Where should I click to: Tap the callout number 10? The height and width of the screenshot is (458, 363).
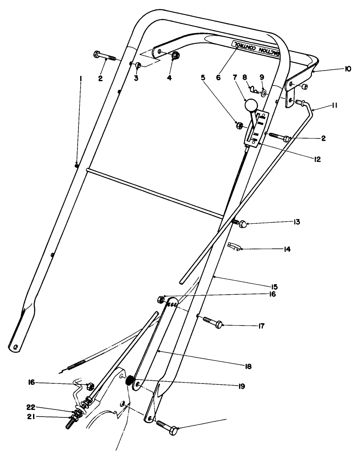(348, 69)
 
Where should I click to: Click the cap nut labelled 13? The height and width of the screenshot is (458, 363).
(243, 224)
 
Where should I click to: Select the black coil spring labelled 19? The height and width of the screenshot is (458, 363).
(130, 380)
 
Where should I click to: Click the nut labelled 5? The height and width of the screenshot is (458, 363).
(238, 125)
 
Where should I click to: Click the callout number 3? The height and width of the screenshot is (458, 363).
(136, 78)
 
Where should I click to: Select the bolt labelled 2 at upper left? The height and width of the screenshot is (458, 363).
(104, 56)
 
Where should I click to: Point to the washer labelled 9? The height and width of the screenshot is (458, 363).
(263, 93)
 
